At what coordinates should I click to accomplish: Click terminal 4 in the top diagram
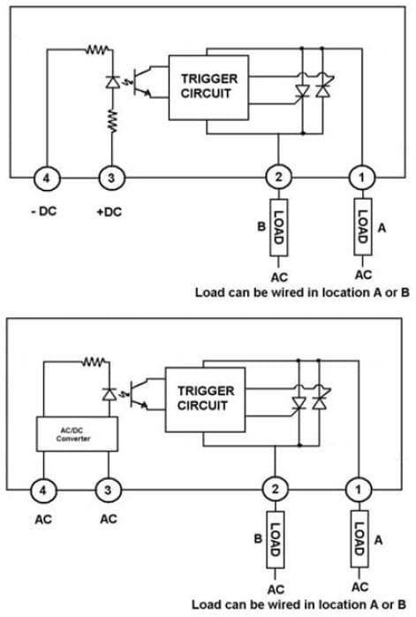(47, 178)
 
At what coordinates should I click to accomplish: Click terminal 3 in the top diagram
(110, 178)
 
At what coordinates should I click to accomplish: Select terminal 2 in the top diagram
(278, 178)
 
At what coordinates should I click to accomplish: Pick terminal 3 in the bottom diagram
(107, 488)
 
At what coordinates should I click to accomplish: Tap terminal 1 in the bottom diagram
(359, 488)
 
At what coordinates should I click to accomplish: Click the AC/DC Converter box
(74, 433)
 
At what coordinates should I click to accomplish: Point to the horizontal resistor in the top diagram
(96, 50)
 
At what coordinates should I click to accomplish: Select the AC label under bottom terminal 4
(43, 520)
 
